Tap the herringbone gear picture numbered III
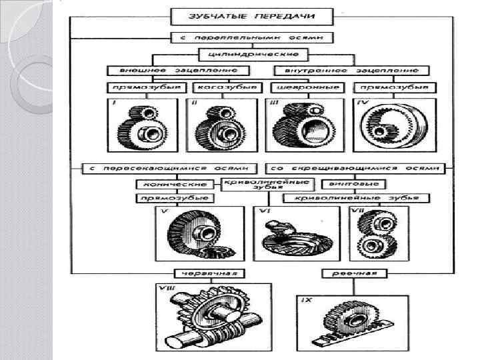299,127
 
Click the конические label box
175,184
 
